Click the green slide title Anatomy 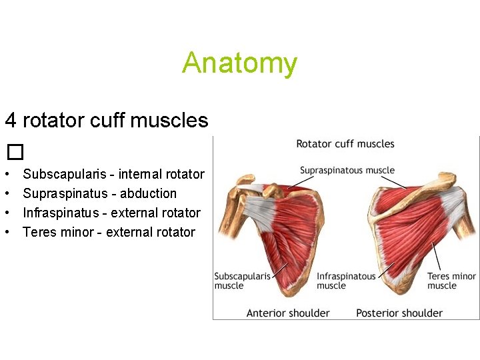[x=239, y=63]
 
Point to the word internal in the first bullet [x=141, y=175]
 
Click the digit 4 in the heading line [x=11, y=121]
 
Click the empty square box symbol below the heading [x=15, y=153]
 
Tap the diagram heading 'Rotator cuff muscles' [x=345, y=144]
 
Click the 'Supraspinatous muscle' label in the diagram [x=347, y=171]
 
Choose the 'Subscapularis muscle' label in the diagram [x=242, y=281]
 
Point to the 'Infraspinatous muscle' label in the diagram [x=346, y=281]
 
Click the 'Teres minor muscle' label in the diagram [x=451, y=281]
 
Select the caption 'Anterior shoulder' [x=288, y=313]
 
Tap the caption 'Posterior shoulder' [x=399, y=313]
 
